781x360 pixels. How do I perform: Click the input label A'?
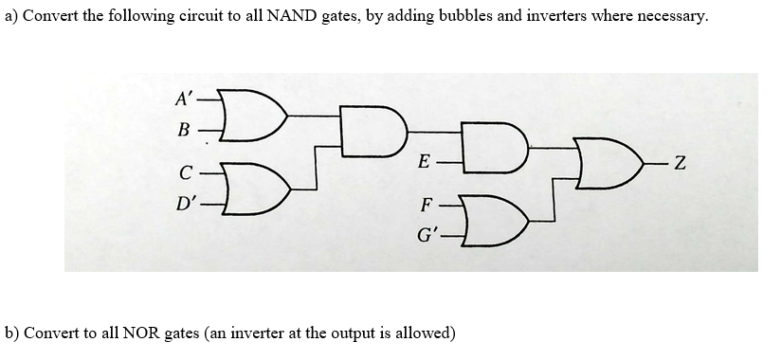182,97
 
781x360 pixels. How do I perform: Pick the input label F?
427,205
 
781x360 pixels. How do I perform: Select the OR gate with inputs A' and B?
247,113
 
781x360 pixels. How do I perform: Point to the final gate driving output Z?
607,169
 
